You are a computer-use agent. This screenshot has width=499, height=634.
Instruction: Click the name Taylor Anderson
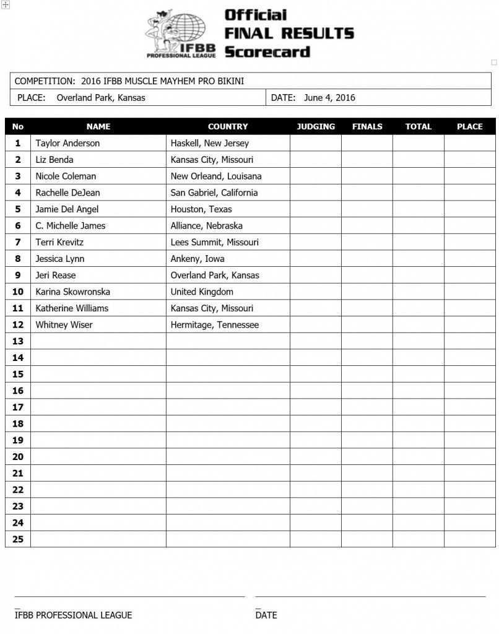(67, 143)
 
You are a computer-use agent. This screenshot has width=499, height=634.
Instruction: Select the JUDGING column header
(316, 126)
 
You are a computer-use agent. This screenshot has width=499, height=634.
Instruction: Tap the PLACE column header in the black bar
(469, 126)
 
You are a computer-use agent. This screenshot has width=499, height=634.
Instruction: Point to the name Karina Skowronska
(72, 292)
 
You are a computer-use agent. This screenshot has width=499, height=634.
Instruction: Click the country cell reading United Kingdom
(202, 292)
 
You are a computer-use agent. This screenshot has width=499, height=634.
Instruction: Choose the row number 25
(17, 539)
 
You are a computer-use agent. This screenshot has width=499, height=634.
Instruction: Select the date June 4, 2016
(329, 97)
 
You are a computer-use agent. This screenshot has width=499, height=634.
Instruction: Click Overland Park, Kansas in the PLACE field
(101, 97)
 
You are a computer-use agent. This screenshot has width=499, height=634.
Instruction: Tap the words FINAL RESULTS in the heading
(289, 33)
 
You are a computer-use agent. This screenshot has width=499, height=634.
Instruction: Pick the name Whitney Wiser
(64, 324)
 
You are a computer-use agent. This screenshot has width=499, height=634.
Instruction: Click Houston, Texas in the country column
(201, 209)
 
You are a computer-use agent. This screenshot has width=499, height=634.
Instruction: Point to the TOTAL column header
(418, 126)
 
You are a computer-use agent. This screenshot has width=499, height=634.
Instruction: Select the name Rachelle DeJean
(68, 193)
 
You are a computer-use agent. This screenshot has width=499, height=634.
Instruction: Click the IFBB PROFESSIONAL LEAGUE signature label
(73, 615)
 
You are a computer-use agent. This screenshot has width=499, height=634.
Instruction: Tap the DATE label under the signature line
(266, 615)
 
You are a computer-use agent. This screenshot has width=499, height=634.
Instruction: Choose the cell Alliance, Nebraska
(207, 225)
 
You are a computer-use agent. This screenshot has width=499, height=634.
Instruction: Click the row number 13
(17, 341)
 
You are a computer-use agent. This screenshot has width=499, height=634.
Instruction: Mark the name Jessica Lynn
(60, 259)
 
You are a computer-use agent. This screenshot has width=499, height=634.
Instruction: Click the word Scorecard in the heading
(267, 52)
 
